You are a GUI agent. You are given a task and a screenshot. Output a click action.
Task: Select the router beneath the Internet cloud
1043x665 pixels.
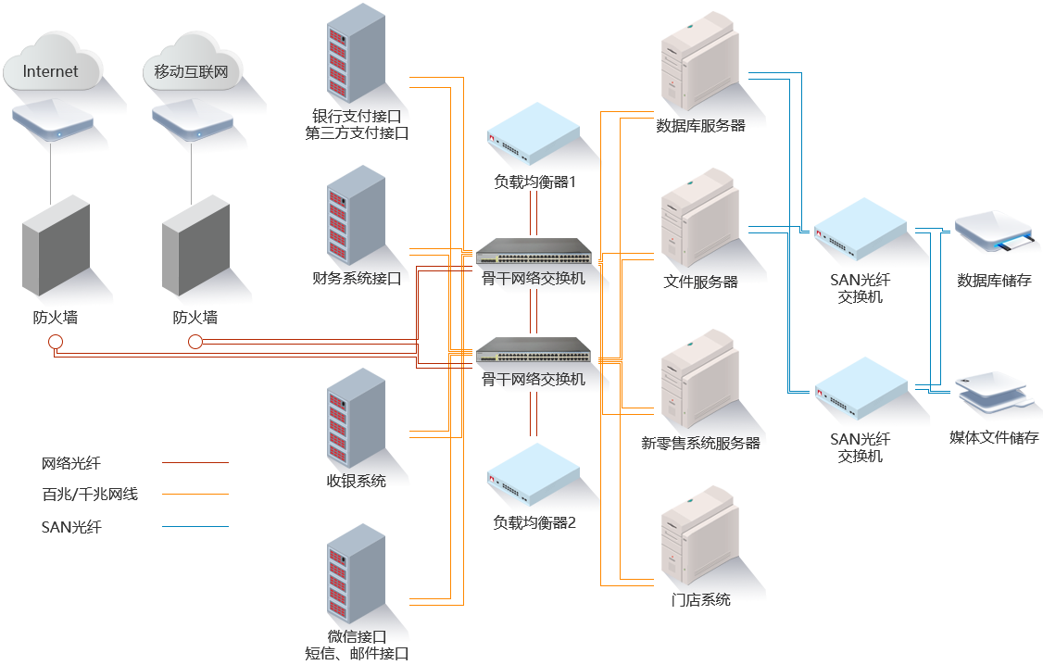coord(53,119)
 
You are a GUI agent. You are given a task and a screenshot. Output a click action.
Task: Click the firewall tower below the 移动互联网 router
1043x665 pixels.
coord(195,245)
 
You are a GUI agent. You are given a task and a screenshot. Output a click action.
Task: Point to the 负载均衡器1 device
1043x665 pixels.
coord(533,134)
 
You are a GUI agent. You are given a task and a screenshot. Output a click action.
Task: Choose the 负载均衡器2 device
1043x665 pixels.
coord(533,474)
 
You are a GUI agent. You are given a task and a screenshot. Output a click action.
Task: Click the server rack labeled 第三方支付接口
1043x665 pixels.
coord(356,56)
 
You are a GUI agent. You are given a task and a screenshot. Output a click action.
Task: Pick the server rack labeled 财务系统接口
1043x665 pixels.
coord(356,218)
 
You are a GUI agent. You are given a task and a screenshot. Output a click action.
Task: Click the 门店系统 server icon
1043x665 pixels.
coord(698,533)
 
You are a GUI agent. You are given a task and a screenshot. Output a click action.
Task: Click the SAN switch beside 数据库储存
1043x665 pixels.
coord(860,232)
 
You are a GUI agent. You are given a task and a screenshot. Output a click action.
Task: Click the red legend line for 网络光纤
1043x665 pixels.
coord(195,461)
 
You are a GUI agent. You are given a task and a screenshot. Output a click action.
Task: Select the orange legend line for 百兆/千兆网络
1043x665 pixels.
coord(195,494)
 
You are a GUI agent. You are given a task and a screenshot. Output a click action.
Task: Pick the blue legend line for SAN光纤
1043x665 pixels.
coord(195,526)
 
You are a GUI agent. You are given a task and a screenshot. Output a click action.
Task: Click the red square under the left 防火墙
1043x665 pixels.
coord(56,342)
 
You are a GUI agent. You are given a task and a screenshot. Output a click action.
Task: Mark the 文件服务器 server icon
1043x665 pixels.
coord(698,219)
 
